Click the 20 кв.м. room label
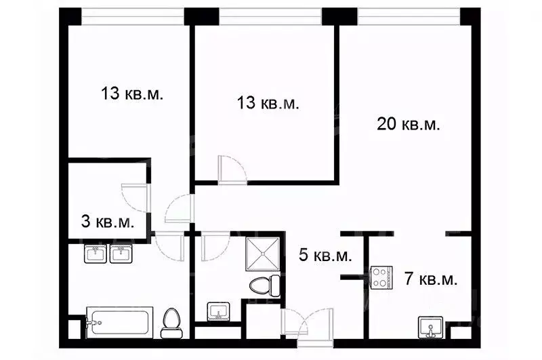pos(409,124)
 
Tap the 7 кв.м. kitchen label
pos(431,279)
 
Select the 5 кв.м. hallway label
pos(325,255)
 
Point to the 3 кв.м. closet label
pos(108,221)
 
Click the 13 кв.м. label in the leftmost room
pos(131,94)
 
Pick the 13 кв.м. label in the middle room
pos(268,102)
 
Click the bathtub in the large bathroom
pos(119,322)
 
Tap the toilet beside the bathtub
pos(171,323)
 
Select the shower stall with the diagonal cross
pos(263,254)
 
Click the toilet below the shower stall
pos(265,285)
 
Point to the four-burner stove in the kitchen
pos(381,277)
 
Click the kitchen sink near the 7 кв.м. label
pos(430,327)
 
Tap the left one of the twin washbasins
pos(96,254)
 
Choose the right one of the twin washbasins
pos(121,254)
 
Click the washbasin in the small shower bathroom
pos(218,311)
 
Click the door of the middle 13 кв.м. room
pos(232,169)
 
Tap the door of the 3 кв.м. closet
pos(135,198)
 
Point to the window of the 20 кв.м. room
pos(409,16)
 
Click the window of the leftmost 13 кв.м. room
pos(133,16)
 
